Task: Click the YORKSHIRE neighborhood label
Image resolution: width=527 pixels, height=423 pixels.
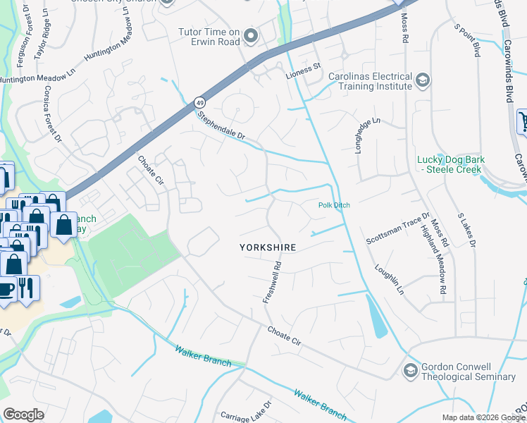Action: (x=267, y=247)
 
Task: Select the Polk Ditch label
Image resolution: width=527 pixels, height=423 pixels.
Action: (x=334, y=205)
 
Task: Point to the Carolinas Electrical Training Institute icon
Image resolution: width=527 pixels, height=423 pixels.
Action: (x=423, y=79)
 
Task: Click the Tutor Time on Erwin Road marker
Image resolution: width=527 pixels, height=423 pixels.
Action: (x=250, y=34)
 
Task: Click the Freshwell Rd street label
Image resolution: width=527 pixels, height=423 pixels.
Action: (x=272, y=283)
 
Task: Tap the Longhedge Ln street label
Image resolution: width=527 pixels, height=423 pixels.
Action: (x=367, y=133)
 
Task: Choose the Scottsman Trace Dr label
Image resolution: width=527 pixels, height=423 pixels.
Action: (x=397, y=229)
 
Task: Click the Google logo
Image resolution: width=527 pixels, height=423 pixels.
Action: (x=24, y=415)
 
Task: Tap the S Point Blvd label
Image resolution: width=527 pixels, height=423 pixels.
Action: (x=467, y=40)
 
